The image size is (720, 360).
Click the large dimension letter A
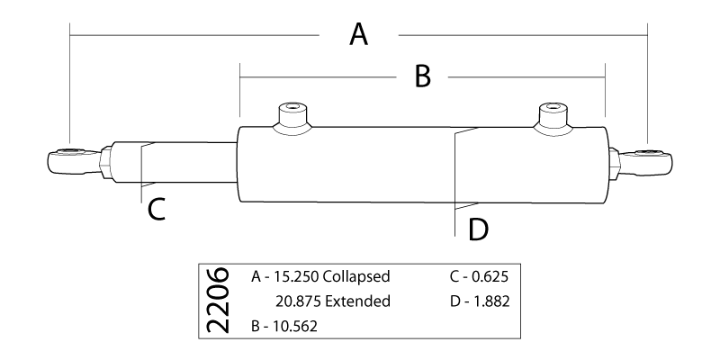pos(358,35)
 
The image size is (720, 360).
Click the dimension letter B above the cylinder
pos(422,77)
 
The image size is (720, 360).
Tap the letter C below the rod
pos(155,210)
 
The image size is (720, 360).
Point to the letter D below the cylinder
pos(478,229)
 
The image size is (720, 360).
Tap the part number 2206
pos(217,301)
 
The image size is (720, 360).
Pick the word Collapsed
pos(358,275)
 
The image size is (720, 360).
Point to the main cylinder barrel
pos(360,166)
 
